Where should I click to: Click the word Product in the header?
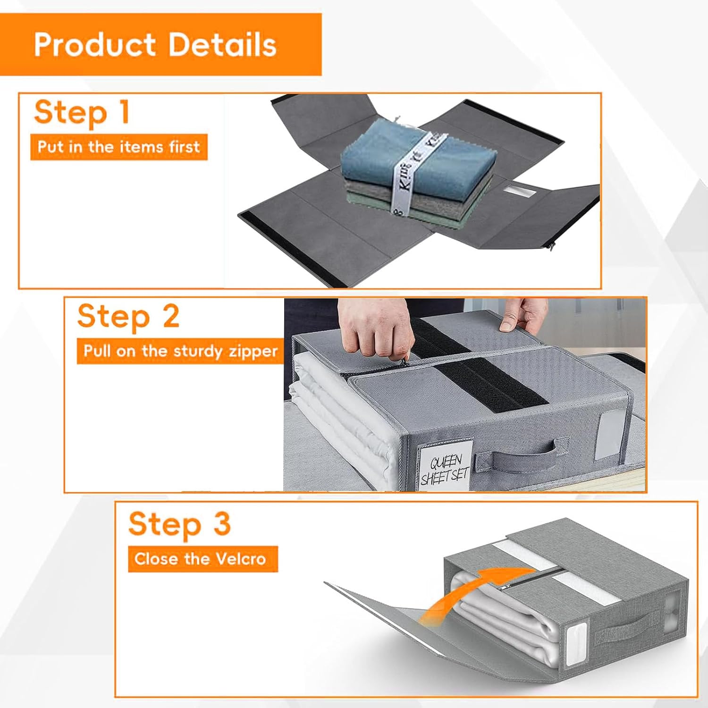(x=94, y=45)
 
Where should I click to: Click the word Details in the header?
(x=222, y=45)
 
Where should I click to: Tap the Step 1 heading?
(x=82, y=112)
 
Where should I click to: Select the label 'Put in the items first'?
(x=118, y=147)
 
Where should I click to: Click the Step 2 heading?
(x=128, y=316)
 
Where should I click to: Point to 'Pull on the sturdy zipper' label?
(x=180, y=351)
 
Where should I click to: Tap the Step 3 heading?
(x=179, y=524)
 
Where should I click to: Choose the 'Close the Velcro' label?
(x=200, y=559)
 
